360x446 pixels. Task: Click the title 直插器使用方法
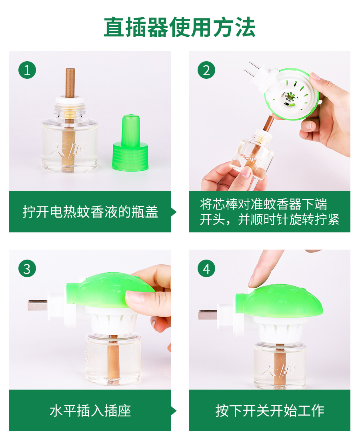(x=180, y=27)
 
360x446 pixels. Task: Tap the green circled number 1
(x=27, y=70)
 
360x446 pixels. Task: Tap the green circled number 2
(x=206, y=70)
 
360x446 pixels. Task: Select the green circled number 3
(x=27, y=268)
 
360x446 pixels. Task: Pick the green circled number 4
(x=206, y=268)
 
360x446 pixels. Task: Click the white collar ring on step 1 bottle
(x=70, y=100)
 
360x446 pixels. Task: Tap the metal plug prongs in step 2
(x=251, y=68)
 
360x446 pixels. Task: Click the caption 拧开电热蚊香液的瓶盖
(x=90, y=212)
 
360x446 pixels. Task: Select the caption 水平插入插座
(x=90, y=410)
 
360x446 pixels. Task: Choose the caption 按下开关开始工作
(x=270, y=410)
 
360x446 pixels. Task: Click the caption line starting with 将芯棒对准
(x=264, y=204)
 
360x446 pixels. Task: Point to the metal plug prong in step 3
(x=38, y=305)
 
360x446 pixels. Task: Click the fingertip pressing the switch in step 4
(x=254, y=281)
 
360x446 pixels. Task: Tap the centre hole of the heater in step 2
(x=290, y=97)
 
